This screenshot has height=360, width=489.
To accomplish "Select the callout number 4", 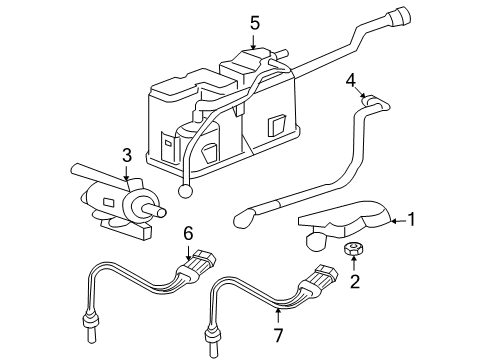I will pyautogui.click(x=351, y=79).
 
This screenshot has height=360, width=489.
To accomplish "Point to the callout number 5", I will pyautogui.click(x=254, y=20).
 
